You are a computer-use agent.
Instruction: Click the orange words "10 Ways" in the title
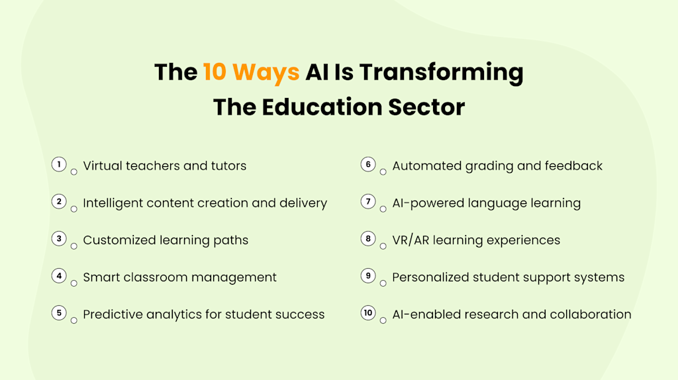point(251,72)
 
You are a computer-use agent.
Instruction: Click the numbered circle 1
point(59,165)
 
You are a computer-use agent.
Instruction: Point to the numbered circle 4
point(59,276)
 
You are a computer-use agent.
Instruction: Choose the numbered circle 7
point(368,202)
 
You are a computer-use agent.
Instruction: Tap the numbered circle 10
point(368,313)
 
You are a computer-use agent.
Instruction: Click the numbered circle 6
point(368,165)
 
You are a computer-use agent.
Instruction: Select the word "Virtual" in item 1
point(103,166)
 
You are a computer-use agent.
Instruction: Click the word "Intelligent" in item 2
point(115,203)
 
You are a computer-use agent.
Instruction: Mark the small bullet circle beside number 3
point(74,246)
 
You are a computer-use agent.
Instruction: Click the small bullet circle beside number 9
point(383,283)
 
